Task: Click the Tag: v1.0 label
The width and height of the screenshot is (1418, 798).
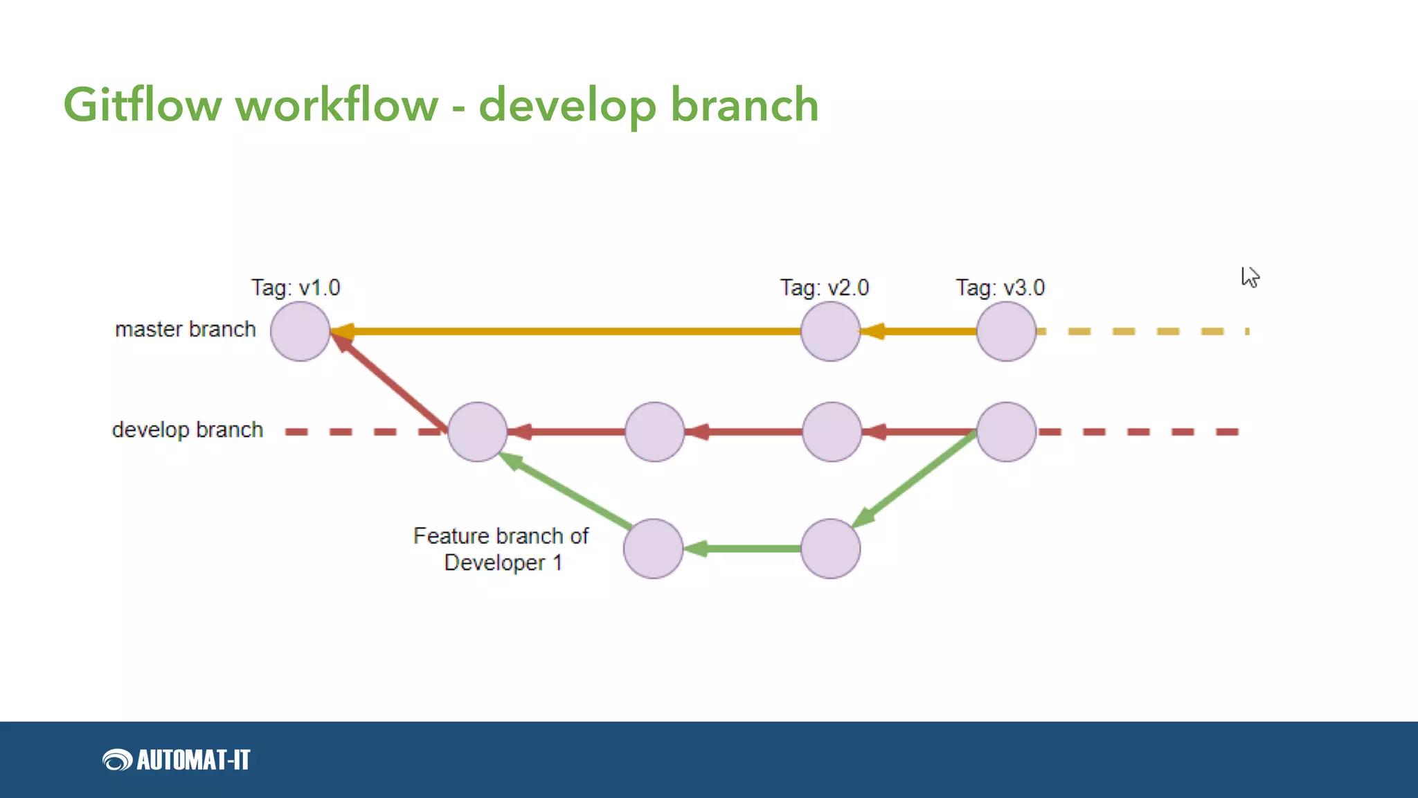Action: pos(296,287)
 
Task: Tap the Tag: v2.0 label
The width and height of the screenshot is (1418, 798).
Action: pos(824,287)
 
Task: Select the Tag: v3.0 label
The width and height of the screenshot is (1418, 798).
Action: pos(1000,287)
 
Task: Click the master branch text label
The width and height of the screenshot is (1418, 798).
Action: pos(185,329)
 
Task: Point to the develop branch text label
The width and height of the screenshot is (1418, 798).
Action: pos(187,429)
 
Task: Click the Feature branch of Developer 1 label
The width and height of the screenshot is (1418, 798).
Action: pos(501,549)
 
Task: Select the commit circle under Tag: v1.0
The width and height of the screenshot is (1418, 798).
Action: pos(300,331)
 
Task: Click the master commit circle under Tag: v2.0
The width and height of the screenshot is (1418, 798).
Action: pos(830,331)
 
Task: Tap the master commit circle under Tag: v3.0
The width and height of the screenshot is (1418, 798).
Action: pos(1006,331)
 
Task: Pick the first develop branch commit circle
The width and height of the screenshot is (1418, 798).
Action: pos(477,432)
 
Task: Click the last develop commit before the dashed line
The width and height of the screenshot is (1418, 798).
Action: pos(1006,432)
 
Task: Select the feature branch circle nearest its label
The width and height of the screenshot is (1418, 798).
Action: pos(653,549)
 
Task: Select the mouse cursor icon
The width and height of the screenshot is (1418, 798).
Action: pos(1249,277)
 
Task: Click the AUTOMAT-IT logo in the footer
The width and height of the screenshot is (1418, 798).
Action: pos(177,760)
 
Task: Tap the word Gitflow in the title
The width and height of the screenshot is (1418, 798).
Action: pos(142,105)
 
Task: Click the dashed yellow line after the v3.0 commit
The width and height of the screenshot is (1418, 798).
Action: pos(1142,331)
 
